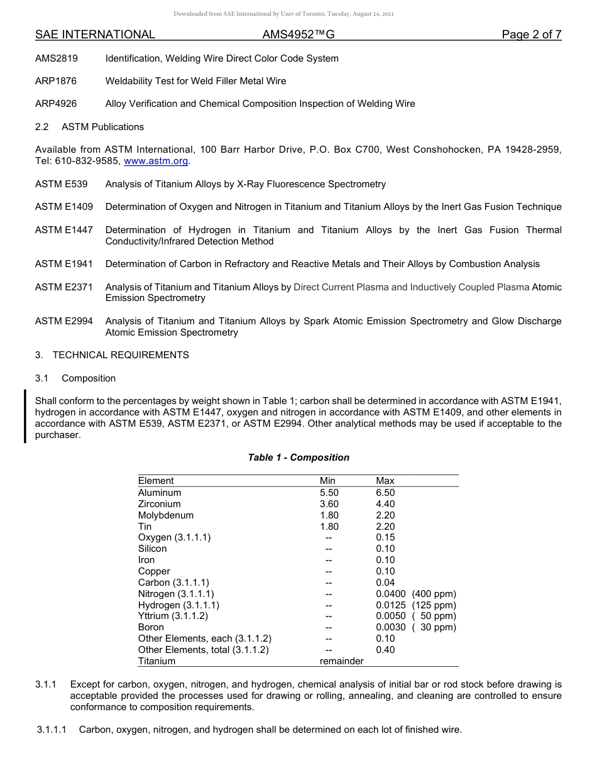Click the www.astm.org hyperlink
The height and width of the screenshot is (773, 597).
[x=156, y=161]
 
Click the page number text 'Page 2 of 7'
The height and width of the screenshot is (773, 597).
[x=531, y=35]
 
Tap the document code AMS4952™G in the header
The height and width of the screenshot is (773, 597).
[x=298, y=35]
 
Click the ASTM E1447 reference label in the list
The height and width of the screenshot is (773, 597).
[x=63, y=230]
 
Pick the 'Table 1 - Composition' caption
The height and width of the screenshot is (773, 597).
[x=298, y=458]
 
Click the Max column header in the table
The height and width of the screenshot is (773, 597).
[x=385, y=481]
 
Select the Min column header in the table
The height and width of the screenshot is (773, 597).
[x=327, y=481]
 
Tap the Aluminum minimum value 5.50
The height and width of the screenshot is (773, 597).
[x=329, y=493]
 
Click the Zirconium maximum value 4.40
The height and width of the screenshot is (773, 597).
[x=385, y=504]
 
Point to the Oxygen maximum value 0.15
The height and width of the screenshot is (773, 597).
[x=385, y=537]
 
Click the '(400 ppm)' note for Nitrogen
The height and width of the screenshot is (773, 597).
[x=434, y=594]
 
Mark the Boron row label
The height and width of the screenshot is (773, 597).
[x=151, y=627]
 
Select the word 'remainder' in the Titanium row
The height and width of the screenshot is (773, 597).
[x=342, y=661]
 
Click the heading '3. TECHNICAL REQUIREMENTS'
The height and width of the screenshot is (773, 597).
[x=112, y=355]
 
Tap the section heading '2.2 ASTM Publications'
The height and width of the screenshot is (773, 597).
[x=89, y=127]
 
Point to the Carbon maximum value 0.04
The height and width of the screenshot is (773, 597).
[x=385, y=583]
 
